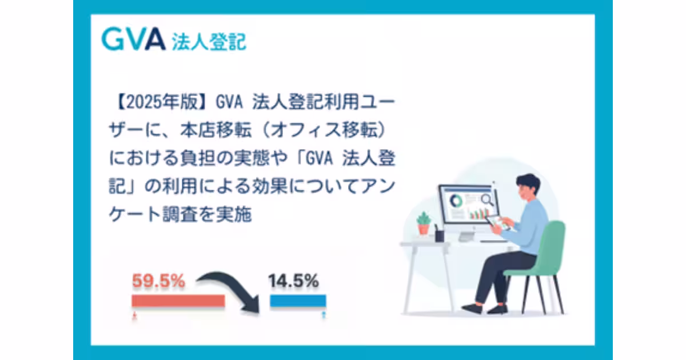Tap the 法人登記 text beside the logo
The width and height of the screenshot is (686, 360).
coord(209,41)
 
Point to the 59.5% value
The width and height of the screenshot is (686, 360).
coord(158,281)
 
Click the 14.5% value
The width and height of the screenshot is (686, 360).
coord(294,281)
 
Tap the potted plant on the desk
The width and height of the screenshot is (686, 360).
coord(424,223)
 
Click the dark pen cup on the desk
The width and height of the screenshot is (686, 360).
coord(439,234)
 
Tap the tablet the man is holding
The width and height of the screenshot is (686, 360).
coord(496,222)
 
